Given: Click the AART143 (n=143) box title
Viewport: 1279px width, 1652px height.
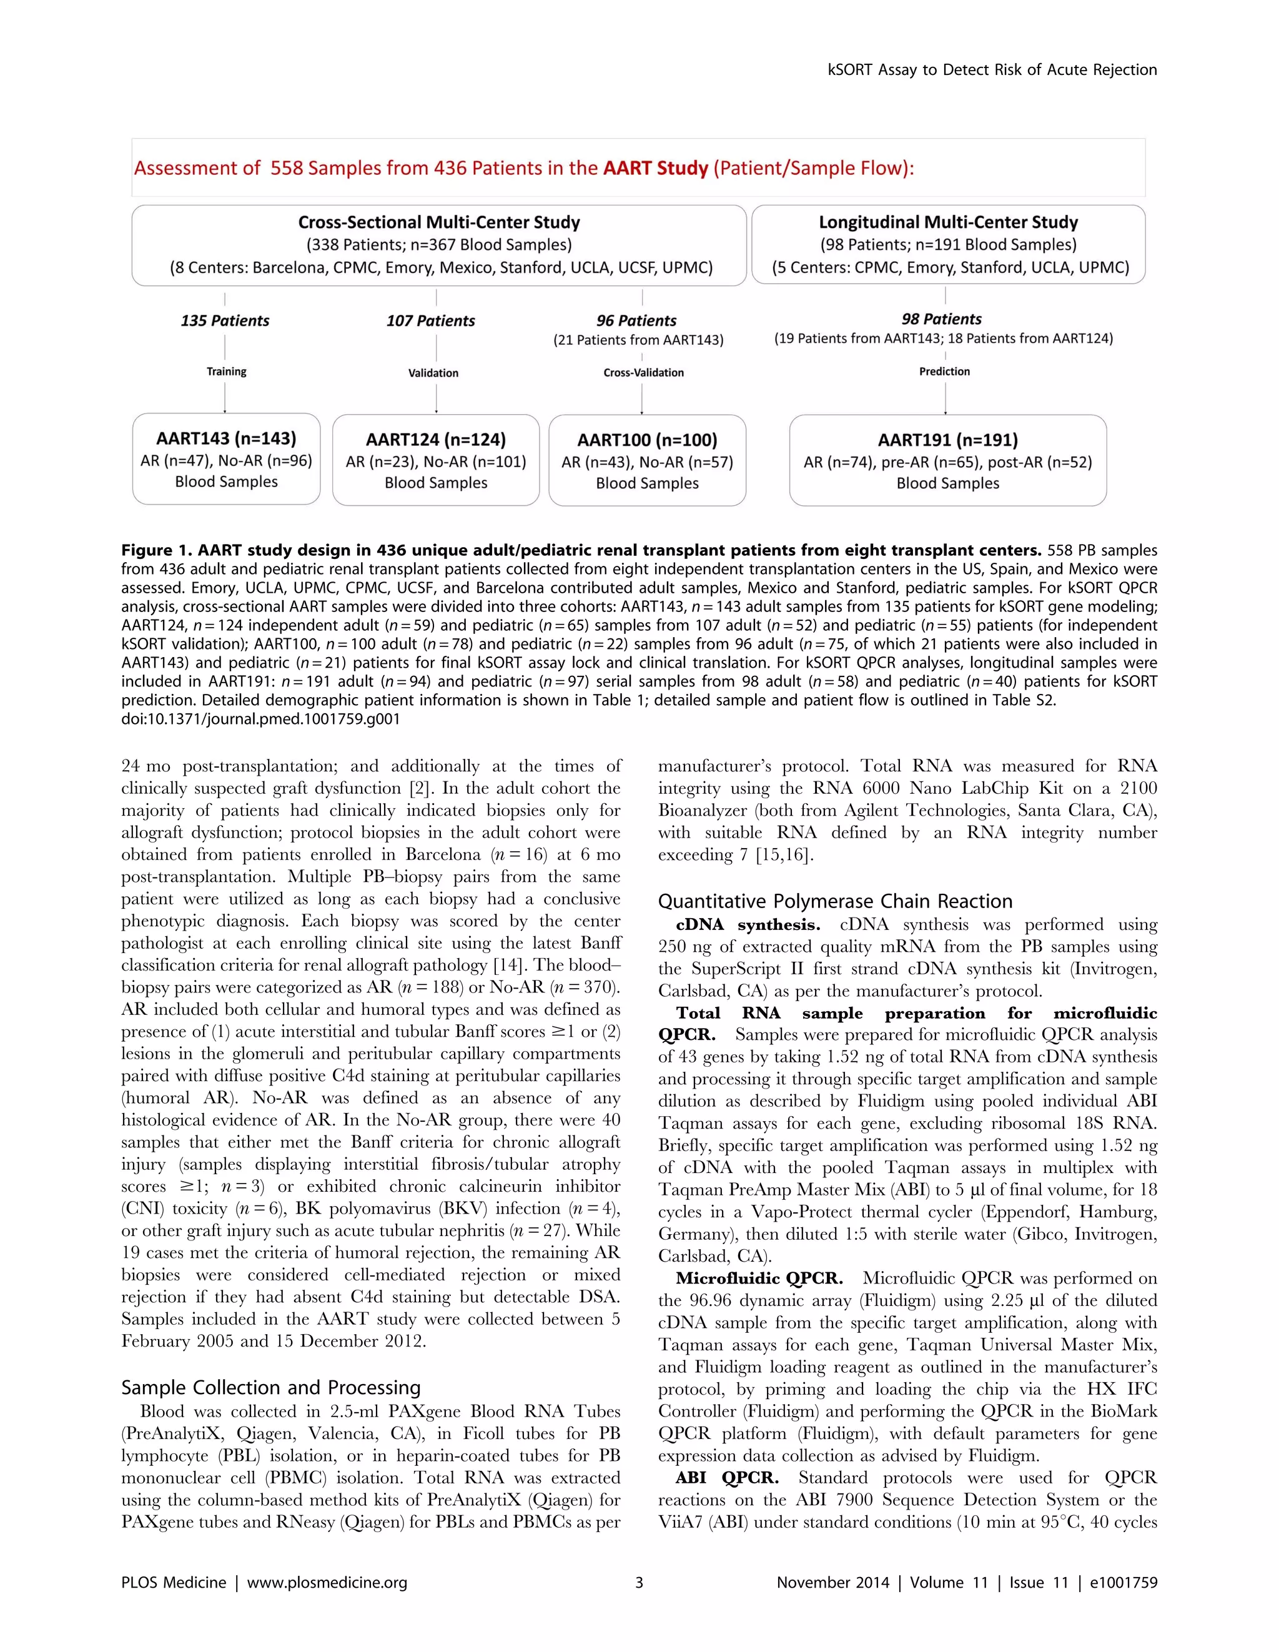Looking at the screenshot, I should point(226,438).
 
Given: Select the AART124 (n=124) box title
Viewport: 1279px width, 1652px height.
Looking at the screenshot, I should point(436,440).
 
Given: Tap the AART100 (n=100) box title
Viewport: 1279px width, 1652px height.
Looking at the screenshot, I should point(647,440).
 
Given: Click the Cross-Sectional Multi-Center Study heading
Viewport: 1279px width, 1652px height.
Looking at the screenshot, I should point(438,222).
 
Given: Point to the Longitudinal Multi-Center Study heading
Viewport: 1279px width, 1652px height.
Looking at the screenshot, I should point(948,222).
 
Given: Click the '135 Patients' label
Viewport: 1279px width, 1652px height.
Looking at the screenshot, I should point(225,320).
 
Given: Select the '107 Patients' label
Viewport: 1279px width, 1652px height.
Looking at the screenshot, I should point(430,320).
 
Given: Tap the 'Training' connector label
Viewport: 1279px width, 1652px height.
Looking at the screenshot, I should point(226,372).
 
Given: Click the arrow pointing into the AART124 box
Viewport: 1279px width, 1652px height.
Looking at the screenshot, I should point(437,408).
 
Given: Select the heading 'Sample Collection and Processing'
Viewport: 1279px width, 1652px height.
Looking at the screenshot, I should point(271,1387).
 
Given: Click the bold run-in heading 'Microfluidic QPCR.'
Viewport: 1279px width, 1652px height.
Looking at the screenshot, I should point(759,1279).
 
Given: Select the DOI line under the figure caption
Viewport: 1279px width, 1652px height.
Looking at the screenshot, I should point(260,720).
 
